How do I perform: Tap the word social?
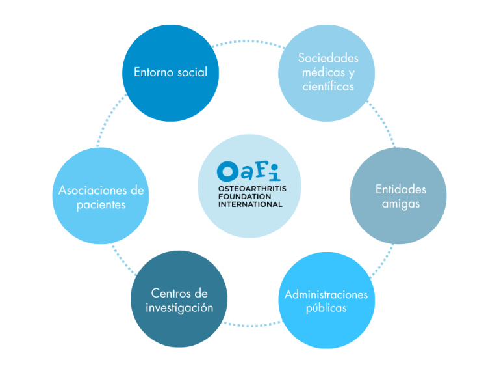(192, 72)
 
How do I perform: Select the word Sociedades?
(328, 58)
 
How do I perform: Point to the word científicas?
(328, 86)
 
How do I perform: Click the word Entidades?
(401, 189)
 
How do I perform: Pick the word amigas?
(401, 204)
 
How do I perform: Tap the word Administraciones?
(326, 294)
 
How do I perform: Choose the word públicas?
(326, 309)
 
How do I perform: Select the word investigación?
(179, 308)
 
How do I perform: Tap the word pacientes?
(101, 205)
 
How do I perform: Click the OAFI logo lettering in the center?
(249, 172)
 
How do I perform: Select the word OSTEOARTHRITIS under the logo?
(252, 189)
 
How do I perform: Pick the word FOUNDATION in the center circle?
(244, 197)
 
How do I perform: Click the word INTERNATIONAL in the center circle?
(250, 204)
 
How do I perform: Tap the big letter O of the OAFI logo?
(227, 172)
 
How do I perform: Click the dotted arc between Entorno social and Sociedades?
(249, 42)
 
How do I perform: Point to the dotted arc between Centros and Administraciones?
(253, 325)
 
